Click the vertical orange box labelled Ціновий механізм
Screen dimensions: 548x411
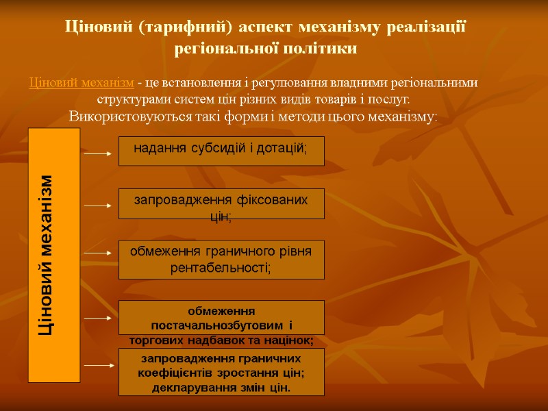click(54, 255)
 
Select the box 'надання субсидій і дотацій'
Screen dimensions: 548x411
click(221, 151)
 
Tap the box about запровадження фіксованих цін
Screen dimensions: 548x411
click(221, 204)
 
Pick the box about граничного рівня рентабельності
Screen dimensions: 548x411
click(221, 260)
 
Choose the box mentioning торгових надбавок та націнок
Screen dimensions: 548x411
click(221, 318)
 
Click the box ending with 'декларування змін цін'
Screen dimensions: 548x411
click(221, 372)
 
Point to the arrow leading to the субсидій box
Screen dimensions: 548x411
click(97, 155)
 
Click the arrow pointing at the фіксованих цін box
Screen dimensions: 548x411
click(97, 205)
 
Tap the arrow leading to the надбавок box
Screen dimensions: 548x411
click(97, 318)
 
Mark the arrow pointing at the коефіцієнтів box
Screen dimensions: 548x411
click(97, 365)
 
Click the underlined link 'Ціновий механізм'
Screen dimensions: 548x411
click(82, 84)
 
